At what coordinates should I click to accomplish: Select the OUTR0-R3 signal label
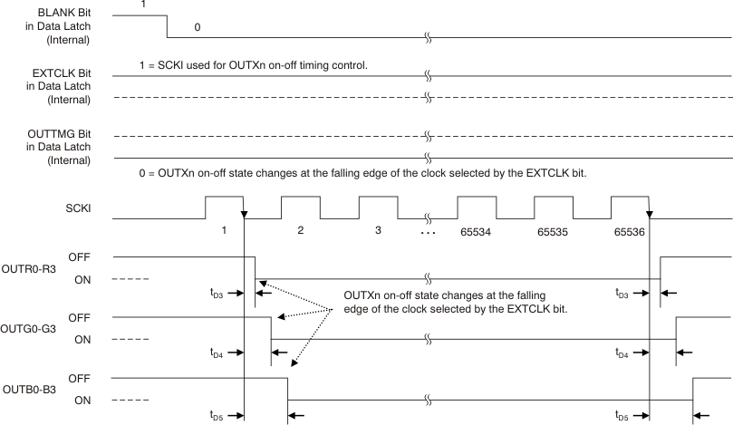coord(30,268)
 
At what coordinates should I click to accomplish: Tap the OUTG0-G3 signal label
coord(30,329)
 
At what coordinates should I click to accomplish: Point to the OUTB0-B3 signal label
coord(30,389)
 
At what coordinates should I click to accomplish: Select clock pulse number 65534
coord(477,231)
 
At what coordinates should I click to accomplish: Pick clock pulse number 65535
coord(552,231)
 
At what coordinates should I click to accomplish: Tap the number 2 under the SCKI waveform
coord(300,231)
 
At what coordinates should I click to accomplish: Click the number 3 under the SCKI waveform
coord(377,231)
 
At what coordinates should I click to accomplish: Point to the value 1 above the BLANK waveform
coord(143,5)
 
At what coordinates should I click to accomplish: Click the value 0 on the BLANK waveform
coord(198,28)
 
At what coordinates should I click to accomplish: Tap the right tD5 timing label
coord(621,416)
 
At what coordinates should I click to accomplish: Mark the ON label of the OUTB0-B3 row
coord(82,400)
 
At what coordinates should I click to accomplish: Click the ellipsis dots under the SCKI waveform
coord(429,232)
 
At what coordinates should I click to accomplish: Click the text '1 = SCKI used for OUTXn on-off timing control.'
coord(250,65)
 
